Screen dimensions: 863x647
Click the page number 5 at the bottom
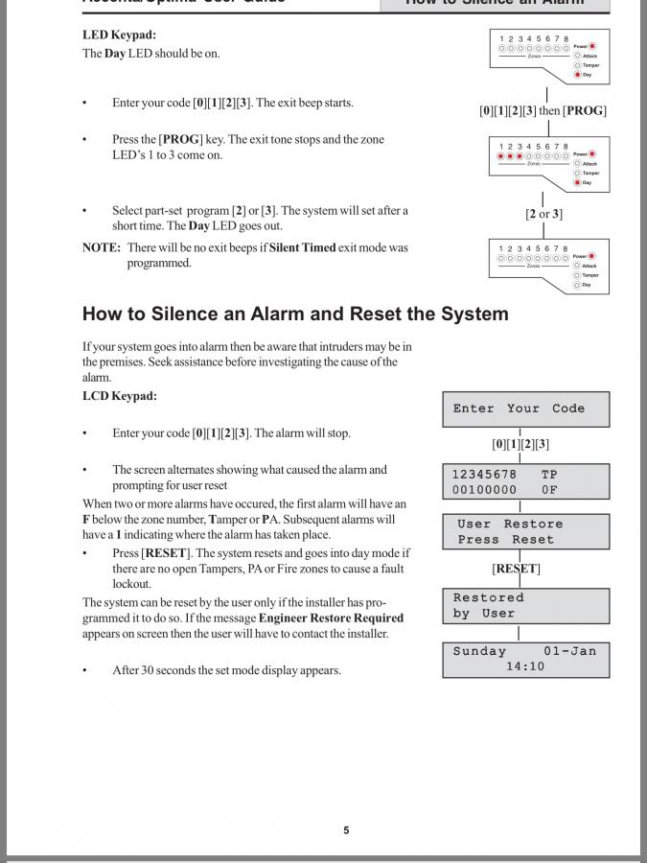tap(346, 830)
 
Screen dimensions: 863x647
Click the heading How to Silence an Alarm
tap(295, 314)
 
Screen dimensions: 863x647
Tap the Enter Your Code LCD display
tap(525, 408)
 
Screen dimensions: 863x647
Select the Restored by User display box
tap(525, 605)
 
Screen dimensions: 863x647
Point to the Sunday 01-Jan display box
tap(525, 659)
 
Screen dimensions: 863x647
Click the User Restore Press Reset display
tap(525, 531)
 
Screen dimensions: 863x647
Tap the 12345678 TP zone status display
tap(525, 481)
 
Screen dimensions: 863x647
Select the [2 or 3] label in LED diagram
tap(543, 214)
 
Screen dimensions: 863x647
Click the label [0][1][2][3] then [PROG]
tap(543, 110)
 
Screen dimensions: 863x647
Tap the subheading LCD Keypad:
tap(120, 396)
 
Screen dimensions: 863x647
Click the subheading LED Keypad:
tap(120, 35)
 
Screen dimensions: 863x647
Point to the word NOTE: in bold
tap(101, 247)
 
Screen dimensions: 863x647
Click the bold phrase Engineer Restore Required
tap(331, 618)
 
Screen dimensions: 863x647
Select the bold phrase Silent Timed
tap(303, 247)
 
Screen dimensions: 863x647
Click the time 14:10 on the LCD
tap(525, 666)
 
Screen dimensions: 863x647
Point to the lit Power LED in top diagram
tap(592, 46)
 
